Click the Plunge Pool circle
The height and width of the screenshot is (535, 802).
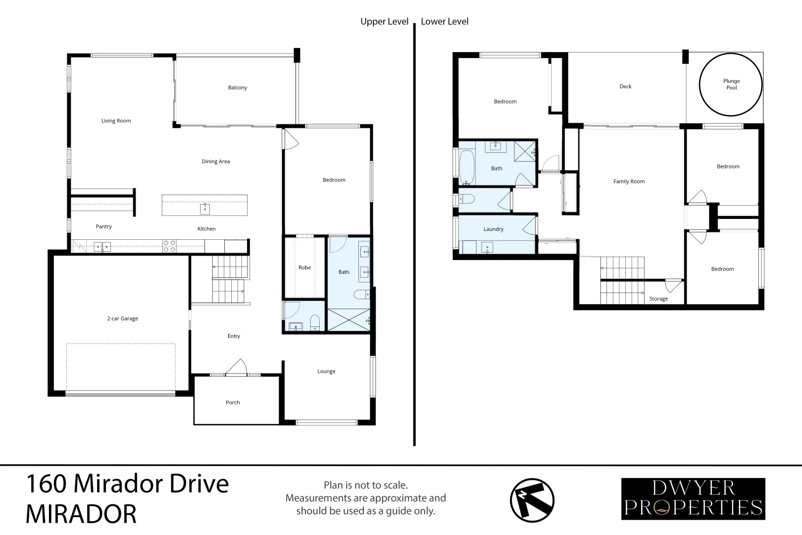coord(731,85)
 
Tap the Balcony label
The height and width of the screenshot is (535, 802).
coord(237,88)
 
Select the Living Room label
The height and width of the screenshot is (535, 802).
coord(116,121)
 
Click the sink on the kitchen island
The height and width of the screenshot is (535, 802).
coord(204,209)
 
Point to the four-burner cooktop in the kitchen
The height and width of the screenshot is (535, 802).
coord(169,246)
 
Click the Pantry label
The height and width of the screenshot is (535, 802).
coord(103,226)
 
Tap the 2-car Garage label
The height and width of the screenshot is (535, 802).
coord(122,319)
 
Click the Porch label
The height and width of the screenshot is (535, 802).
coord(233,403)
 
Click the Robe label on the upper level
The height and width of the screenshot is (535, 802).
coord(304,267)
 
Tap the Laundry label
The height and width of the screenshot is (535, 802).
coord(493,229)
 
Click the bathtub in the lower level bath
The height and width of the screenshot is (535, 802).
coord(466,167)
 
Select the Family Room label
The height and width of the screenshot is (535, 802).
coord(629,181)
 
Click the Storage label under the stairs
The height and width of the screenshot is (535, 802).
coord(658,299)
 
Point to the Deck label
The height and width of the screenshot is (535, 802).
coord(625,87)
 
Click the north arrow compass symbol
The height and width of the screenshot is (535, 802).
coord(532,500)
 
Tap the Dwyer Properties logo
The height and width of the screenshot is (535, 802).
coord(693,499)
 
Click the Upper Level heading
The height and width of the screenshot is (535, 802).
coord(384,21)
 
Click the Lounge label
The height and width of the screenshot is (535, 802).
coord(326,372)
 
